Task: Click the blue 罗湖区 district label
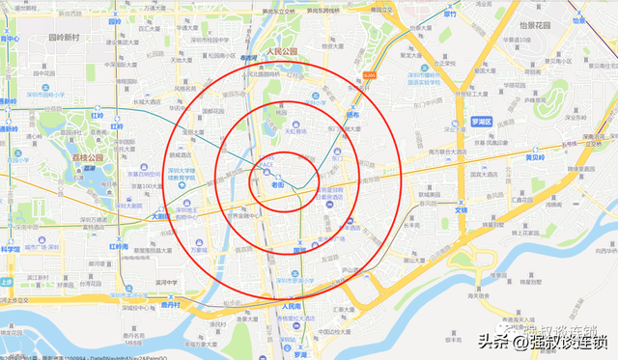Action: (482, 122)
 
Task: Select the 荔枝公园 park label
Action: (93, 156)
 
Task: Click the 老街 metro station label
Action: (278, 183)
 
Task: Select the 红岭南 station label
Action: (118, 247)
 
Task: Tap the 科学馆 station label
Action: (10, 249)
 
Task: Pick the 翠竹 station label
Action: (450, 14)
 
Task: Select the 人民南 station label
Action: (292, 307)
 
